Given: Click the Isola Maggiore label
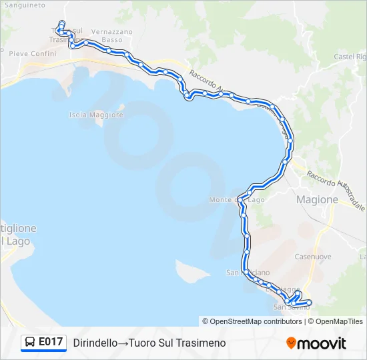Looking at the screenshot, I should [x=96, y=115].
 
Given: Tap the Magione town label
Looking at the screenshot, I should [x=317, y=199].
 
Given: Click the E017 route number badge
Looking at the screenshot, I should [x=51, y=342].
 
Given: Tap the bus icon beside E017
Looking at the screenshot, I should [x=31, y=343].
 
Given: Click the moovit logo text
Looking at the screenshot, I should [x=322, y=343].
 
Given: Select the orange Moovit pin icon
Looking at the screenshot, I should [x=291, y=343].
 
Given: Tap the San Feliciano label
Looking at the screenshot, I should [x=248, y=273].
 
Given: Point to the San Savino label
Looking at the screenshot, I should [x=292, y=307].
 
